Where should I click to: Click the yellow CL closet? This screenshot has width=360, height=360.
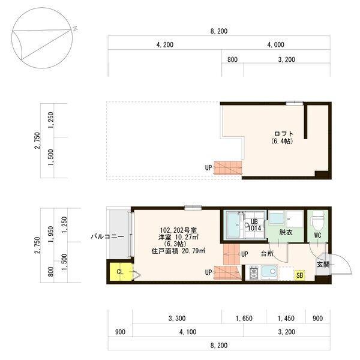[x=119, y=271]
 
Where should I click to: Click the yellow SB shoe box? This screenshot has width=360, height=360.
[x=299, y=275]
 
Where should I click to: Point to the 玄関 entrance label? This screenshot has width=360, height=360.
[x=322, y=264]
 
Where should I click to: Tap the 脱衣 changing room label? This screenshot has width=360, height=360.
[x=286, y=232]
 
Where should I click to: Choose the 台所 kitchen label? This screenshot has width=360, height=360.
[x=268, y=254]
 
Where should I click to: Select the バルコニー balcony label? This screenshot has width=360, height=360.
[x=107, y=236]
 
